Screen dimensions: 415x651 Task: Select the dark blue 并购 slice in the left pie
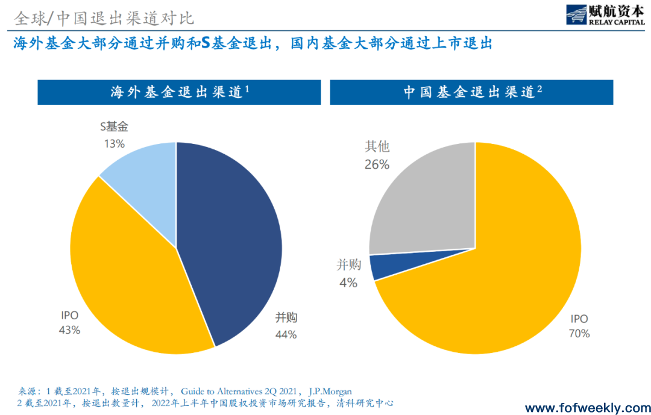click(235, 241)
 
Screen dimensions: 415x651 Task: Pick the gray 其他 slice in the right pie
click(422, 199)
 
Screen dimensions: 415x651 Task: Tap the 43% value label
click(69, 329)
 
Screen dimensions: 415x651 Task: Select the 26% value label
click(377, 164)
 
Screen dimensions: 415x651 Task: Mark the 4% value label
click(348, 282)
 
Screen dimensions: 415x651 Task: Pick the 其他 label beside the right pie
click(377, 146)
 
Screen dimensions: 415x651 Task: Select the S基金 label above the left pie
click(114, 126)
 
